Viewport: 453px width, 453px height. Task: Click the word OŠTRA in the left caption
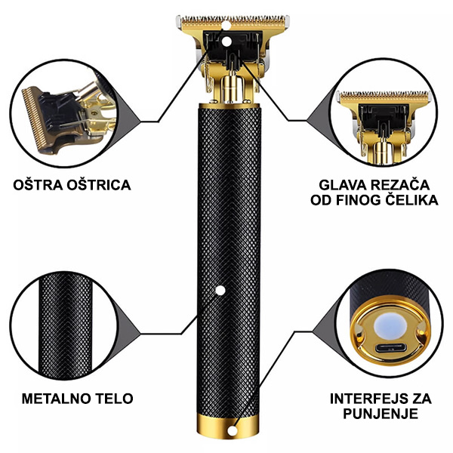pos(38,185)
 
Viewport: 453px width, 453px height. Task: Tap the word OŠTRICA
pos(99,185)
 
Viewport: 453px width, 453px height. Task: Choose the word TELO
pos(113,399)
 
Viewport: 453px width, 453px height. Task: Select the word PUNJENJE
pos(381,414)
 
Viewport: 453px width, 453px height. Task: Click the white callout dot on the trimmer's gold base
pos(232,431)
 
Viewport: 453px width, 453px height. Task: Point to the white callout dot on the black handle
pos(220,291)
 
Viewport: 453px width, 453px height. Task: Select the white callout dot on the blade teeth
pos(226,26)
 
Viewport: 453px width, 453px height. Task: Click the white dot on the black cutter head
pos(226,42)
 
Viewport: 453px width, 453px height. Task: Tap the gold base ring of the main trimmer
pos(228,427)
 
